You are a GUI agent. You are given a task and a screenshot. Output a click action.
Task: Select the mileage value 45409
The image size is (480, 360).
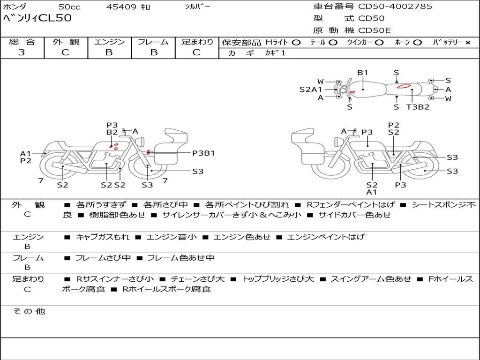click(121, 7)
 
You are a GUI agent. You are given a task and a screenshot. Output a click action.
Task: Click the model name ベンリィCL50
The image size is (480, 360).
click(37, 18)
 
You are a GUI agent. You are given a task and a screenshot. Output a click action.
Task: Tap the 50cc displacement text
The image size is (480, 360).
click(69, 7)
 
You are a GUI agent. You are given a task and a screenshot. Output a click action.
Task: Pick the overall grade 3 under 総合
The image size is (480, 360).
click(22, 52)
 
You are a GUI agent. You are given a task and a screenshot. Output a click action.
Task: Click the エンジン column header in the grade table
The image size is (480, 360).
click(109, 42)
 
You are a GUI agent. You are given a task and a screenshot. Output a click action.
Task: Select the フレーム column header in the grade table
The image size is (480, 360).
click(153, 42)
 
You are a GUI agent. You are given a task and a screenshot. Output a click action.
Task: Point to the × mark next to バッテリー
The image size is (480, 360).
click(467, 43)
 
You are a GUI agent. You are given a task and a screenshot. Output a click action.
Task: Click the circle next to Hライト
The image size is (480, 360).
click(296, 43)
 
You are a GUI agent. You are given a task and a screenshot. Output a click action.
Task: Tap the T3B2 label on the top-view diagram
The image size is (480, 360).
click(418, 107)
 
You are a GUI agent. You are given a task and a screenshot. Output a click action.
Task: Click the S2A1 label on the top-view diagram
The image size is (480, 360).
click(311, 89)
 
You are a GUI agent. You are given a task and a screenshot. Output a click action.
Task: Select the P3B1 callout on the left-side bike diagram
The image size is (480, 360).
click(203, 153)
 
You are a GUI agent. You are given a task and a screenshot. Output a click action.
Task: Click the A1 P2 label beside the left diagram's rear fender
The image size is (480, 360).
click(26, 157)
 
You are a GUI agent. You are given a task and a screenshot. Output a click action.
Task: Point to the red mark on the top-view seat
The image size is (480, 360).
click(404, 87)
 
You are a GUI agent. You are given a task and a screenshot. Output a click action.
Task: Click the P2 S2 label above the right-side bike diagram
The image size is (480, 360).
click(394, 128)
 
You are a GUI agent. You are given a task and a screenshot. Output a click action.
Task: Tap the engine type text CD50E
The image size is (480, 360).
click(375, 30)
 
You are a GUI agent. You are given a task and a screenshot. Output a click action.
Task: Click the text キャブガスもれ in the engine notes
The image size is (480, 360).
click(103, 237)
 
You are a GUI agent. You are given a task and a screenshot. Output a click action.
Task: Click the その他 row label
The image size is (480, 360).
click(29, 311)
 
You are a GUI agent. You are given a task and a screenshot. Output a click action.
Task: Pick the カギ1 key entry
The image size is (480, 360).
click(275, 53)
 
